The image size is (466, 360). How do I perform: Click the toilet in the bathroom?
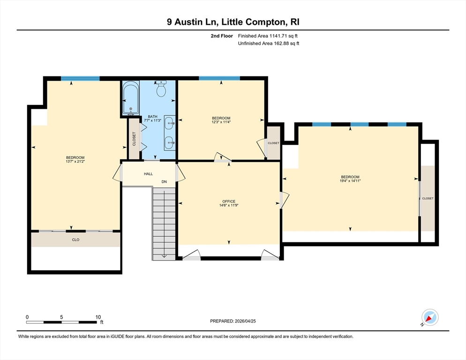(161, 89)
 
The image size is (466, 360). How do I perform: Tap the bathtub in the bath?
(131, 99)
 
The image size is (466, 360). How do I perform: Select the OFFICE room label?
(229, 201)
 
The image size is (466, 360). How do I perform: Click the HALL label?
(148, 174)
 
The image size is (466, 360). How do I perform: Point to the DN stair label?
(164, 181)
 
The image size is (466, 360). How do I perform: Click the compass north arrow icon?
(430, 317)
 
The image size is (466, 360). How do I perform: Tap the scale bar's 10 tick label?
(98, 317)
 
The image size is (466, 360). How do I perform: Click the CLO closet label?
(75, 240)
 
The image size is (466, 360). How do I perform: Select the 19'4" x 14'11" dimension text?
(350, 181)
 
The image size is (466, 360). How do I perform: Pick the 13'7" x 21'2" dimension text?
(75, 161)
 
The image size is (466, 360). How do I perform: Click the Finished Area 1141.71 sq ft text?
(268, 36)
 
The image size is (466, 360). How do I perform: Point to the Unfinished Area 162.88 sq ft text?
(269, 44)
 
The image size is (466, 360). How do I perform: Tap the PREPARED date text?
(233, 321)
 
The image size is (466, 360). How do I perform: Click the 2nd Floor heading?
(222, 36)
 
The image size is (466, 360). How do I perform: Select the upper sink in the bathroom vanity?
(170, 122)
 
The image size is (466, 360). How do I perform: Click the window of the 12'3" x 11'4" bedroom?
(219, 78)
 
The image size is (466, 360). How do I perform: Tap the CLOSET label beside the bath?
(134, 139)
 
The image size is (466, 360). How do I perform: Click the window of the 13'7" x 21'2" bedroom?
(80, 78)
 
